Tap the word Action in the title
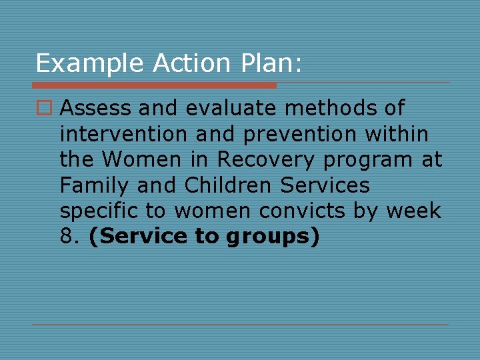[191, 63]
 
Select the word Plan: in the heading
[271, 63]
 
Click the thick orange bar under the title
[154, 85]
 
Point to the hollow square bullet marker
[44, 108]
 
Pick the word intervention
[124, 134]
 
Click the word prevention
[301, 134]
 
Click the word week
[413, 211]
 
